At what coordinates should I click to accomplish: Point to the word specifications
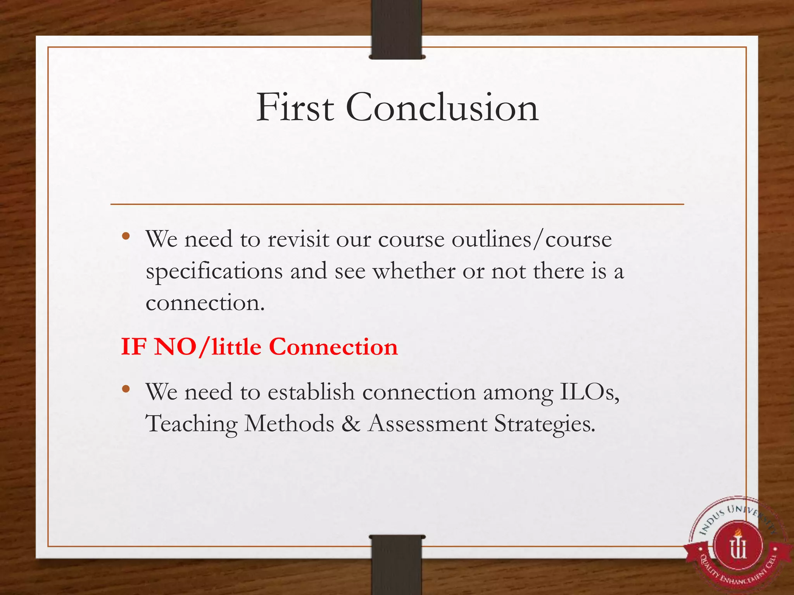click(214, 271)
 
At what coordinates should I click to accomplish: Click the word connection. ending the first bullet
click(205, 303)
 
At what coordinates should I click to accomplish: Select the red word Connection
click(333, 346)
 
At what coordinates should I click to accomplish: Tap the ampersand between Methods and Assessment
click(351, 423)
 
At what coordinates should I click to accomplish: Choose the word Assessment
click(427, 423)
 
